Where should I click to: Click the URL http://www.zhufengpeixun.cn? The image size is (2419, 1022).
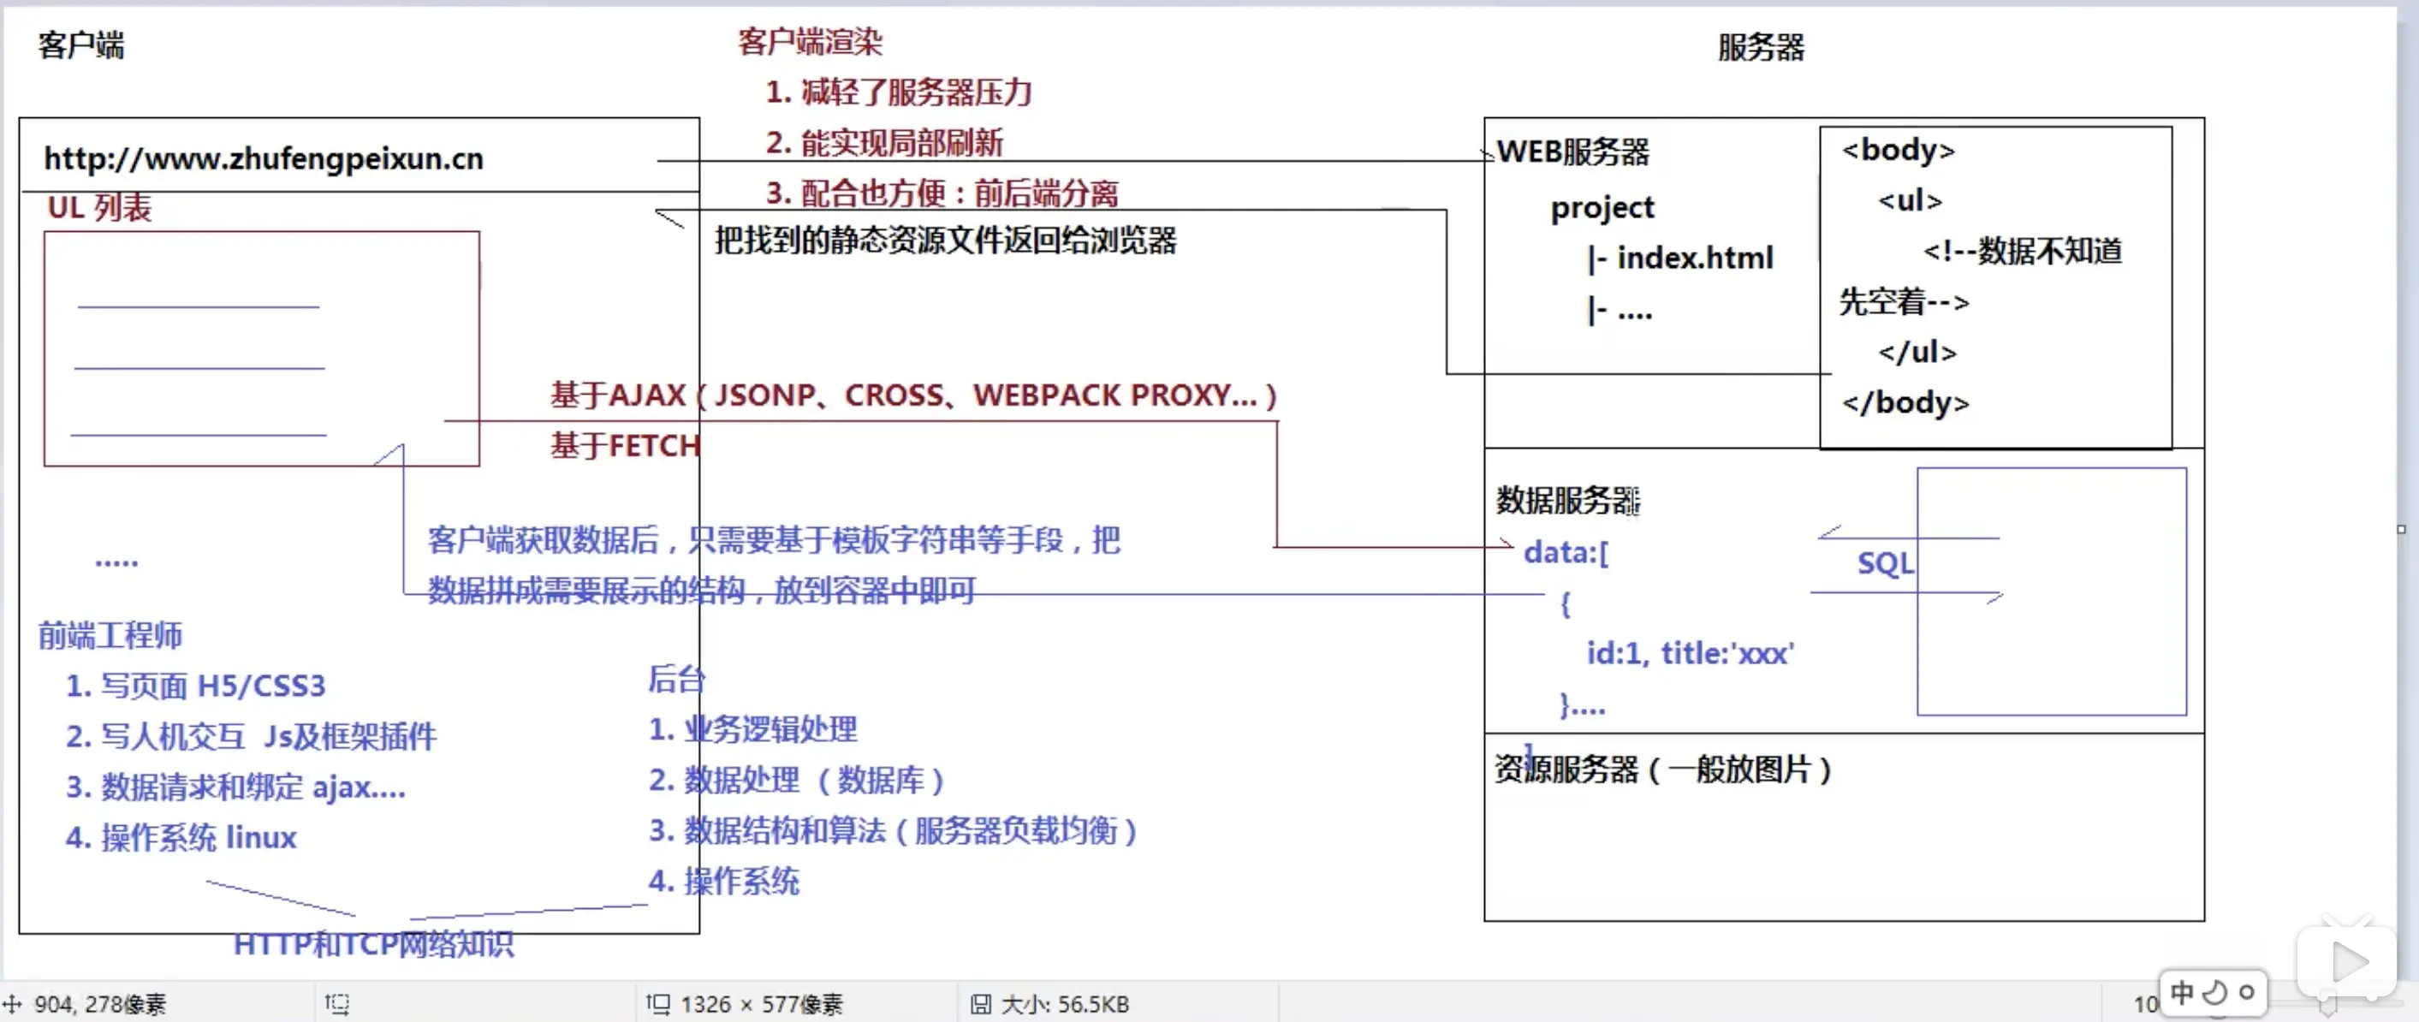264,158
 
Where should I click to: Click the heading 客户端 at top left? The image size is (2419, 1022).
80,45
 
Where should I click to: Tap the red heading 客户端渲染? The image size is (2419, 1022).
810,42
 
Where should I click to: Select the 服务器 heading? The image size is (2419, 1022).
1761,47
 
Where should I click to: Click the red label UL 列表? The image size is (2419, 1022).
99,208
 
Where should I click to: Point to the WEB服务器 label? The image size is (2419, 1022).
1573,152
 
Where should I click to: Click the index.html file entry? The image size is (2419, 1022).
1694,258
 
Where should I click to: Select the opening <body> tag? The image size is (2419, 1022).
1898,151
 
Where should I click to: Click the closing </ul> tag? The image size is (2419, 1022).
1917,353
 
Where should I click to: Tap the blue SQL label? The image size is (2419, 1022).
1885,563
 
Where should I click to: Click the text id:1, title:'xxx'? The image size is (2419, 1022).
1690,653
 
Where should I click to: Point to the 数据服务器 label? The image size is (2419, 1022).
1566,501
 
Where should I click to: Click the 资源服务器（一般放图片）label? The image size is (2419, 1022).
1662,770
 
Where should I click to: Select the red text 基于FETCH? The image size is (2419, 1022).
625,445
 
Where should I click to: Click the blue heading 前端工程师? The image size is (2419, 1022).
110,636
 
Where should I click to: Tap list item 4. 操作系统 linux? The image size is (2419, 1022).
181,837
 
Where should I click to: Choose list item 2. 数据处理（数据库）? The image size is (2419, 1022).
796,780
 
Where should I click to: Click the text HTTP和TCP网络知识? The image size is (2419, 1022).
374,944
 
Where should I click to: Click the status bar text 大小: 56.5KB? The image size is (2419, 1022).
1064,1004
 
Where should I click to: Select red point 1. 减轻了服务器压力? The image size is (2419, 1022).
899,92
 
